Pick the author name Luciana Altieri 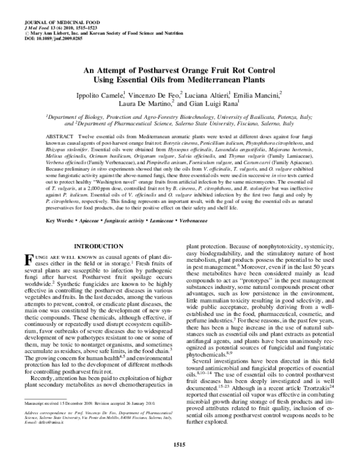coord(198,94)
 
